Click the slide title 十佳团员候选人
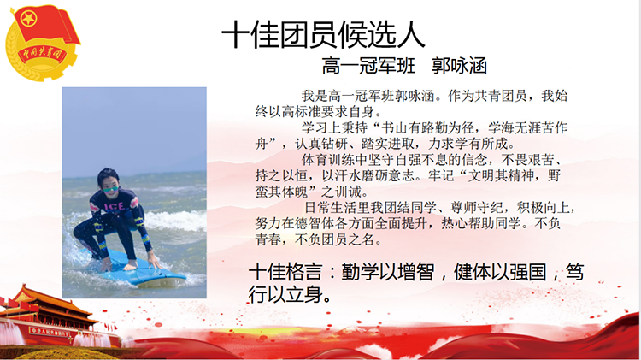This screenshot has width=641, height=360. pyautogui.click(x=323, y=34)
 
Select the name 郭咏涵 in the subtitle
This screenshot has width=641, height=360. pyautogui.click(x=459, y=66)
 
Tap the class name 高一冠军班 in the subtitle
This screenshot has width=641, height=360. pyautogui.click(x=368, y=66)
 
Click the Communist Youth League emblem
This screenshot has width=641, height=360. pyautogui.click(x=42, y=42)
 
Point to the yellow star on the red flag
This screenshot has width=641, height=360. pyautogui.click(x=28, y=19)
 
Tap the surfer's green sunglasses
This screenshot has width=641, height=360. pyautogui.click(x=110, y=190)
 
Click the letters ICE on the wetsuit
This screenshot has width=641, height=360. pyautogui.click(x=114, y=206)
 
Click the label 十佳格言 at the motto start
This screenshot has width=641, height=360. pyautogui.click(x=285, y=273)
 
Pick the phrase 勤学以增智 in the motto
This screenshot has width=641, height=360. pyautogui.click(x=387, y=273)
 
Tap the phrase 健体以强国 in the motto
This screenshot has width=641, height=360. pyautogui.click(x=500, y=273)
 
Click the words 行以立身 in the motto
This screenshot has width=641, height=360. pyautogui.click(x=285, y=294)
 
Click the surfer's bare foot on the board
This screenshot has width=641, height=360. pyautogui.click(x=130, y=266)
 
